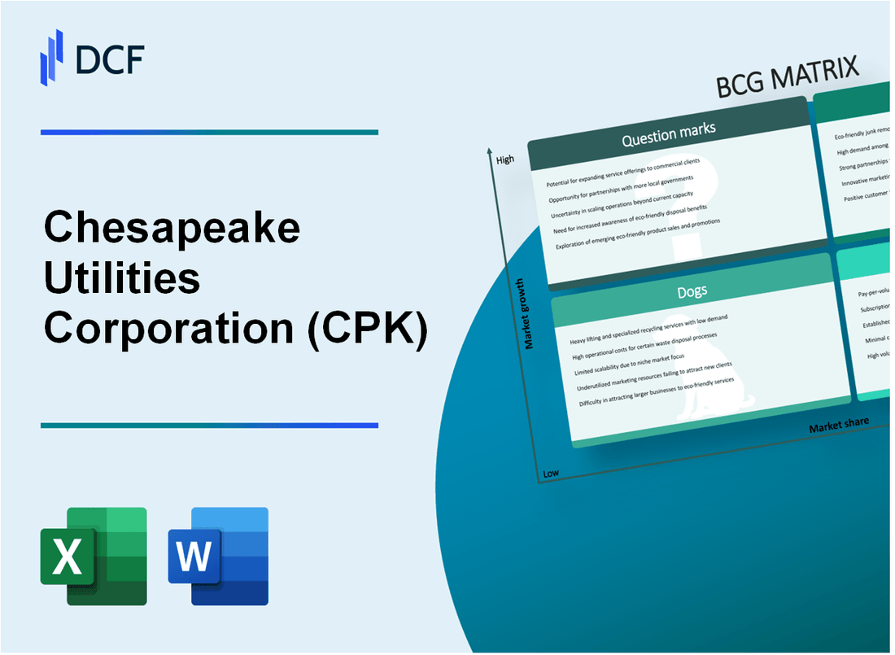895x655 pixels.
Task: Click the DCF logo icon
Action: coord(52,57)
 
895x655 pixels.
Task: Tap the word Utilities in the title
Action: coord(123,279)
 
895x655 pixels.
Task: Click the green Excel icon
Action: coord(94,556)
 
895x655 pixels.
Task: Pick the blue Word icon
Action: coord(218,556)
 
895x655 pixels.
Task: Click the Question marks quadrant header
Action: coord(668,136)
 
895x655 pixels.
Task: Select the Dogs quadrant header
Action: coord(692,290)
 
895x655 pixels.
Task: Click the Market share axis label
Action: coord(838,425)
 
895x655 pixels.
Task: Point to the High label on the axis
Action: coord(504,159)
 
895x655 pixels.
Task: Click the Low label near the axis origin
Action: coord(551,473)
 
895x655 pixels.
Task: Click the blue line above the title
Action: coord(209,132)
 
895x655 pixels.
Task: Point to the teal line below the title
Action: coord(209,425)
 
